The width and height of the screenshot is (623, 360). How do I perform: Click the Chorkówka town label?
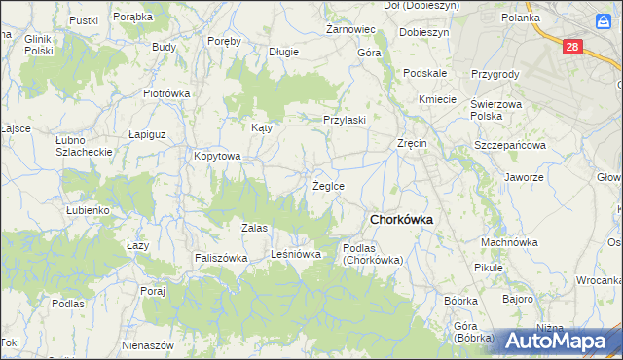click(x=400, y=220)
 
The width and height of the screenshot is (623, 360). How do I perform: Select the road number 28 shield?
click(x=573, y=46)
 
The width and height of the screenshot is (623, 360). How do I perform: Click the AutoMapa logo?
click(x=562, y=341)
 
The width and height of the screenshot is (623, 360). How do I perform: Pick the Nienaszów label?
click(x=148, y=345)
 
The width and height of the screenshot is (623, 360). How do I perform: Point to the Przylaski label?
click(x=345, y=120)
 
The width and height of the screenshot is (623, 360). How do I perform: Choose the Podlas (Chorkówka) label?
click(x=373, y=254)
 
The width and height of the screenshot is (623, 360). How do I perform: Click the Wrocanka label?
click(x=598, y=279)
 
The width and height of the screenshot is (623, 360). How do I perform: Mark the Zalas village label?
click(x=254, y=227)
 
